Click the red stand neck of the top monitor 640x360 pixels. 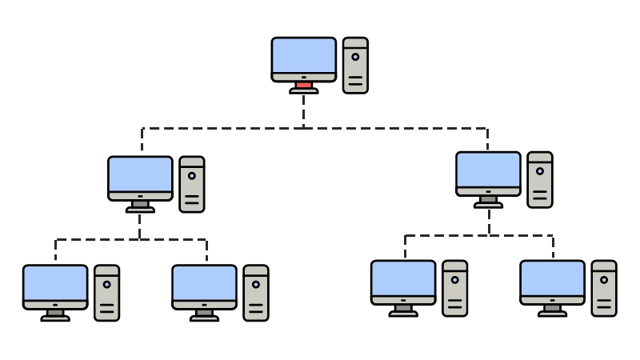(304, 85)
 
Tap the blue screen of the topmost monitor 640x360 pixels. (304, 55)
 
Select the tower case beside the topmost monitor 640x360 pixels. (355, 66)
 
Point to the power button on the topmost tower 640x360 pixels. (355, 57)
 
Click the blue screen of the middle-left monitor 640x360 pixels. (140, 174)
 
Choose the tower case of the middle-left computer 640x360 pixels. (192, 184)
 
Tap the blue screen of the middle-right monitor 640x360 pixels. (488, 170)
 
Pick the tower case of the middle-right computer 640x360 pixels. (540, 180)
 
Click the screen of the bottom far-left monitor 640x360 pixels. (55, 282)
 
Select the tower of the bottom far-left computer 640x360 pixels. (106, 293)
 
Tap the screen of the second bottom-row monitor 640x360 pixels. (204, 282)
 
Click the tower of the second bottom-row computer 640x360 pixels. (256, 293)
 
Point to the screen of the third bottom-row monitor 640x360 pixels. (403, 278)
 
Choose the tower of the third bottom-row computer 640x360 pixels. (454, 288)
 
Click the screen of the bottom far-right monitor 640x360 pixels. (552, 278)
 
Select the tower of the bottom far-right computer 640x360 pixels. (604, 288)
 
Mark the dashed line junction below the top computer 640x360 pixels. (304, 128)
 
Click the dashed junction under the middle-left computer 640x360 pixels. (140, 239)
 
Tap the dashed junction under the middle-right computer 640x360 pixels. (488, 235)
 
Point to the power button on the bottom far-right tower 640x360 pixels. (604, 279)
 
